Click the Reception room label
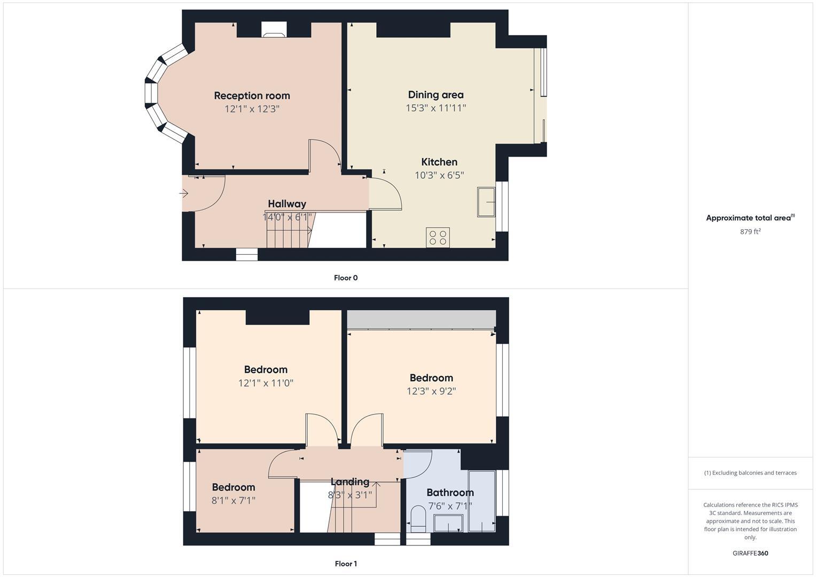252,96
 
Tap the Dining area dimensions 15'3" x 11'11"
436,108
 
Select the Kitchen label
439,162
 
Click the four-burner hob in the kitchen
438,237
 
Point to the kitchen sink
486,202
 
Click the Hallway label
287,204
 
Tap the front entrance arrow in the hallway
184,193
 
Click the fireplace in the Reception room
274,30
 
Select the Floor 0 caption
345,278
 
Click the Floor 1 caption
345,564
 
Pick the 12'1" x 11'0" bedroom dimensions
266,383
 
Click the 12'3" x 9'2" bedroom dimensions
431,391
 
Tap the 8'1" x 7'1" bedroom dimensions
233,501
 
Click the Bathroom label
450,493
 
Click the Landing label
349,482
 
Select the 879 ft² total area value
750,231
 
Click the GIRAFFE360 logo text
750,553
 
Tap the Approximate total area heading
750,218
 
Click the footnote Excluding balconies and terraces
750,473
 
